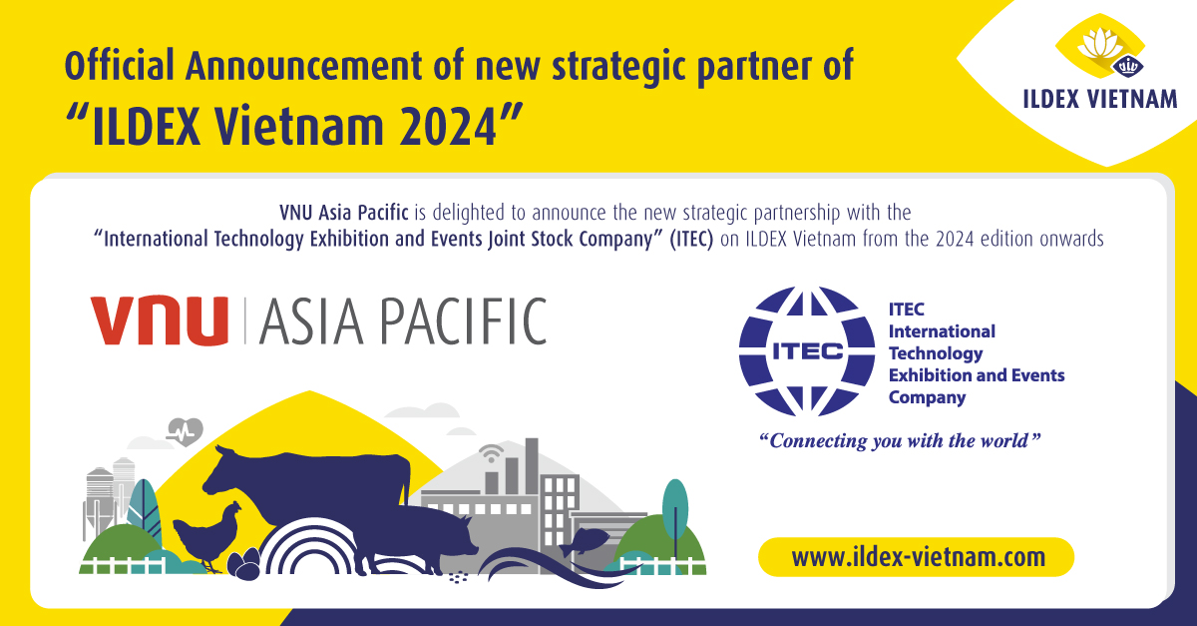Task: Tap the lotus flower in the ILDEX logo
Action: point(1100,44)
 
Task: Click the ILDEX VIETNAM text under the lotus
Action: point(1099,99)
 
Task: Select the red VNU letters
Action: point(160,319)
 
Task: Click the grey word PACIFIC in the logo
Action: point(463,320)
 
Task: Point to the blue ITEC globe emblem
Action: point(807,351)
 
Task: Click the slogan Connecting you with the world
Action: point(900,441)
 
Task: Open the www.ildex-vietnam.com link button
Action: point(916,557)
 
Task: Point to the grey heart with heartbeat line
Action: point(185,431)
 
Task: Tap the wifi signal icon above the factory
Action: point(491,453)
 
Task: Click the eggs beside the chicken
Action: point(243,564)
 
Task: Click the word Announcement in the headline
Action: point(304,66)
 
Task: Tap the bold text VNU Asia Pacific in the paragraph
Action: point(343,213)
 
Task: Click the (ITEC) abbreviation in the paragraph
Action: point(691,239)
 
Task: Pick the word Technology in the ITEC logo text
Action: point(936,353)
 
